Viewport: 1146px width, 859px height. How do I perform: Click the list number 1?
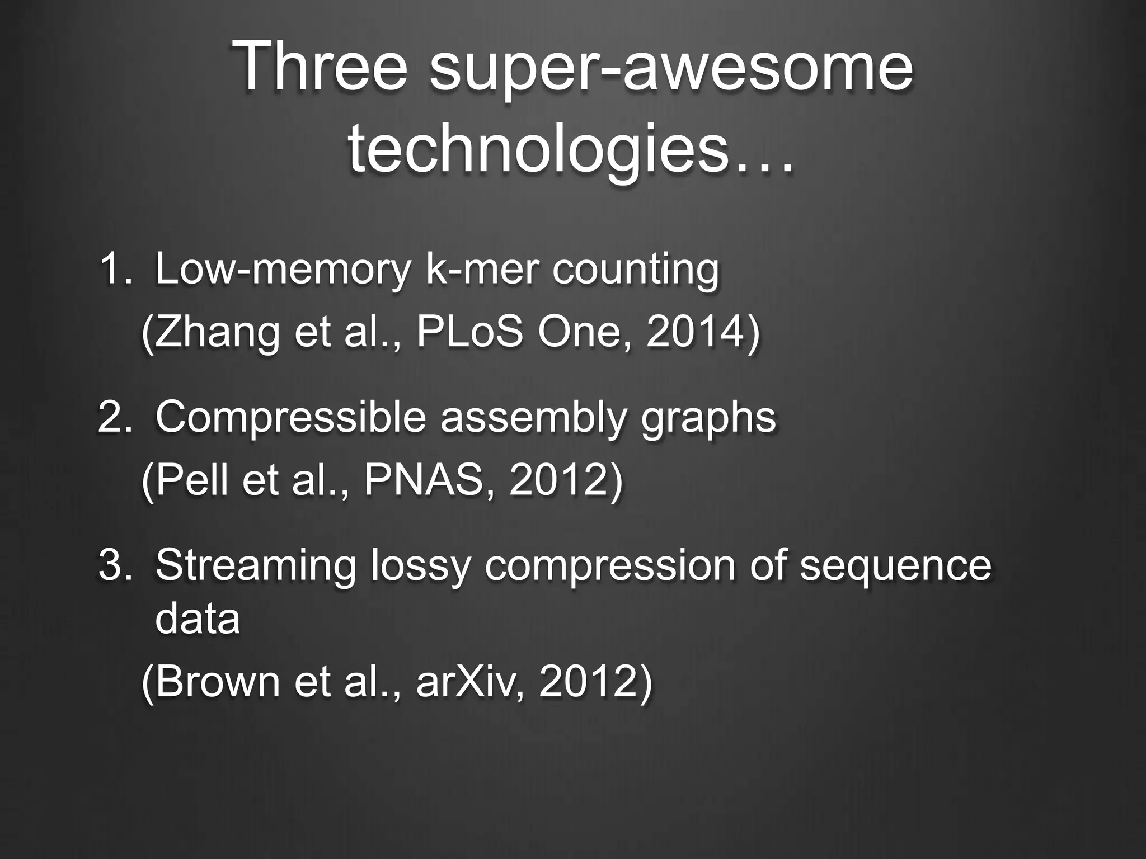pyautogui.click(x=112, y=269)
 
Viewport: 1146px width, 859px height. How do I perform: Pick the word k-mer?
pyautogui.click(x=482, y=269)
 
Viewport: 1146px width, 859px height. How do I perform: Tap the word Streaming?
pyautogui.click(x=255, y=566)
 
